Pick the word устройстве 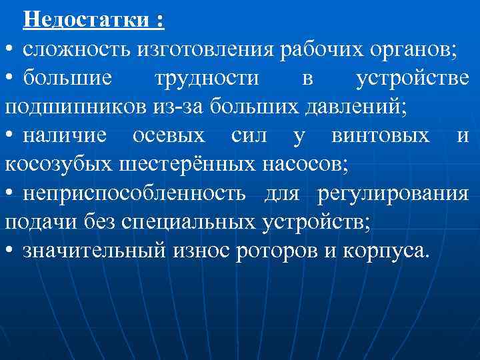(412, 79)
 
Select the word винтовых (380, 136)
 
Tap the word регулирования (393, 194)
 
